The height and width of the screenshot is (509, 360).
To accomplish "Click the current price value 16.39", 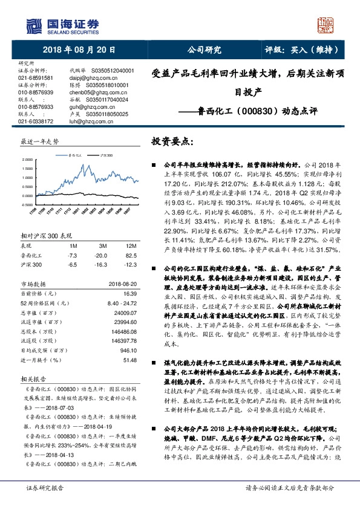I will [131, 276].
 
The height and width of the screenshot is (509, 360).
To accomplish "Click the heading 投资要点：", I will [172, 141].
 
